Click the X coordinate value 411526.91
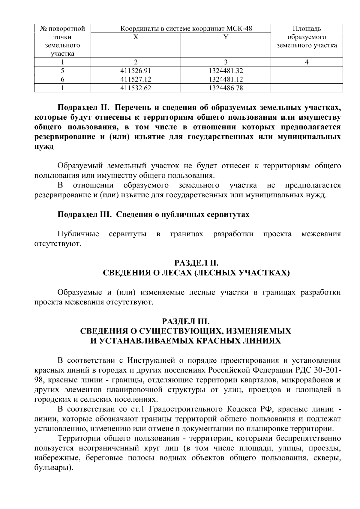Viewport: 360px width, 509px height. tap(135, 71)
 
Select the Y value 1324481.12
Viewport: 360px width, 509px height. tap(226, 79)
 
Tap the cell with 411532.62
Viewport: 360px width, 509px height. tap(135, 88)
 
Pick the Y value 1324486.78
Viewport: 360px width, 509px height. tap(226, 88)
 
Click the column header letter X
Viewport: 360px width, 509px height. tap(136, 37)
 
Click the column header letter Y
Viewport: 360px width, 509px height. tap(226, 37)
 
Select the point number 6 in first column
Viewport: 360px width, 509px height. tap(62, 79)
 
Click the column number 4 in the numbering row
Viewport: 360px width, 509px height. tap(307, 62)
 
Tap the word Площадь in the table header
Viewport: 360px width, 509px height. tap(307, 29)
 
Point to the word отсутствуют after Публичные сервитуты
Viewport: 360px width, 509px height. tap(58, 244)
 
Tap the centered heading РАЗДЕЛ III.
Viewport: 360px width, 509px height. tap(186, 321)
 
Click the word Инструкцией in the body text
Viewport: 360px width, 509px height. tap(151, 360)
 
